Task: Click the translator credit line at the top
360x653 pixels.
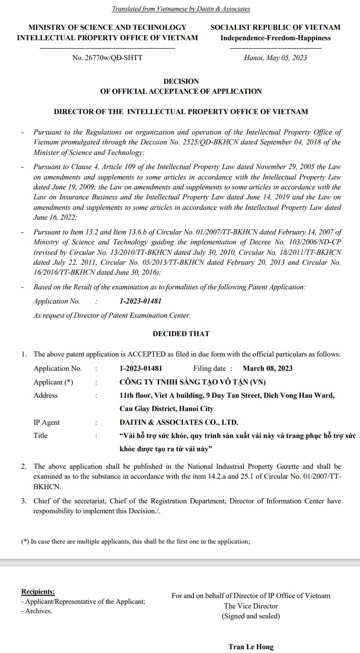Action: tap(180, 9)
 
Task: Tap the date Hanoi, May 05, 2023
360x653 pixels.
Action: tap(275, 58)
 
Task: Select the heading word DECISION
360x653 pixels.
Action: tap(181, 81)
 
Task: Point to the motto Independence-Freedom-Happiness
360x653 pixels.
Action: tap(275, 38)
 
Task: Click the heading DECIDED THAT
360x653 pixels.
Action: tap(181, 333)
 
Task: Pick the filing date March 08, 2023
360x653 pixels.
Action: tap(268, 368)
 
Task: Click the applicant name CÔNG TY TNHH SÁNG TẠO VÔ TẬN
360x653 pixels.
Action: tap(192, 382)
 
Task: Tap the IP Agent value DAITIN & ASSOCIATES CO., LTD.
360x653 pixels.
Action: tap(179, 422)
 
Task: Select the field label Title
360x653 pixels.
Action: tap(41, 435)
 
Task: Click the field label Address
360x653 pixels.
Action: tap(45, 395)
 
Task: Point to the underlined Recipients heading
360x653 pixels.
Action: tap(38, 591)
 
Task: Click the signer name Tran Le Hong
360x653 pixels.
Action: tap(251, 646)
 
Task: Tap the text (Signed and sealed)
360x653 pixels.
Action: tap(251, 616)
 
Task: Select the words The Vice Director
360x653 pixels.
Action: tap(251, 606)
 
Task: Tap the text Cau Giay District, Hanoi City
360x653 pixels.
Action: tap(166, 408)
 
